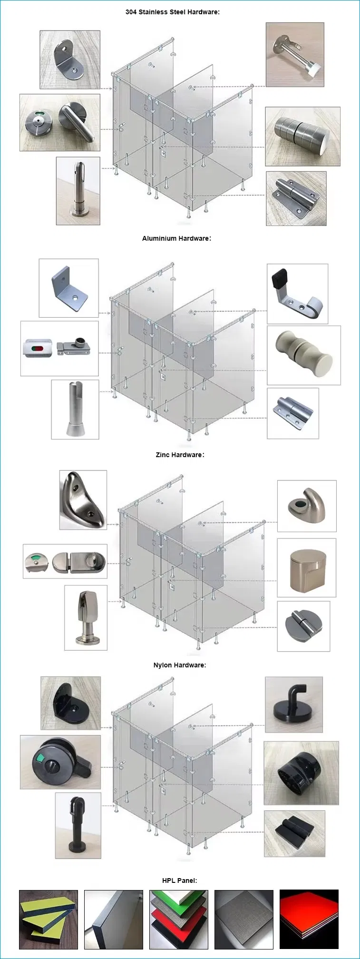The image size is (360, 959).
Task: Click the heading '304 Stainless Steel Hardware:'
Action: tap(172, 12)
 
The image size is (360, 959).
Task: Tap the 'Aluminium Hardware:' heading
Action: tap(176, 238)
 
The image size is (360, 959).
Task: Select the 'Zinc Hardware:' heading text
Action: tap(180, 455)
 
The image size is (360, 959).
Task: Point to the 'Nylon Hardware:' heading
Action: tap(179, 665)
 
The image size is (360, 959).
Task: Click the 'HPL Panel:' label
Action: tap(179, 881)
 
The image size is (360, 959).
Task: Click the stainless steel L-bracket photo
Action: tap(69, 59)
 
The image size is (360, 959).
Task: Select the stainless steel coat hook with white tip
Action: tap(295, 55)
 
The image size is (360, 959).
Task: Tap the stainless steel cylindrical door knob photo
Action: tap(302, 136)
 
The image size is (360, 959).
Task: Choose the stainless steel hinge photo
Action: tap(296, 198)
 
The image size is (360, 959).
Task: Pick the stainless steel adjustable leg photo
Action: tap(78, 191)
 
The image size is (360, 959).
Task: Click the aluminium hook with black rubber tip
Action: tap(297, 294)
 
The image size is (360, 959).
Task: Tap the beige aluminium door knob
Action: tap(304, 355)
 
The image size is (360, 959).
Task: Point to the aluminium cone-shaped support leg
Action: tap(75, 409)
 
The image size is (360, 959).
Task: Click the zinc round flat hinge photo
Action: tap(303, 626)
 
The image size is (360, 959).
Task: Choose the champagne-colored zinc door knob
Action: tap(306, 568)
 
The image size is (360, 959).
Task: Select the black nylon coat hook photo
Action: tap(293, 705)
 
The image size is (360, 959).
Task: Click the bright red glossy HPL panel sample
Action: tap(309, 919)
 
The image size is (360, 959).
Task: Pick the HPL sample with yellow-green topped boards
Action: tap(48, 920)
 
